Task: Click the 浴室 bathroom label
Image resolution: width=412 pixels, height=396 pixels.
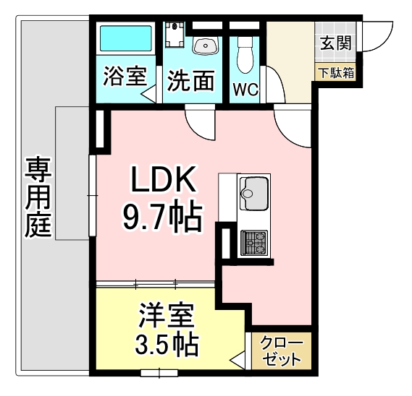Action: point(126,77)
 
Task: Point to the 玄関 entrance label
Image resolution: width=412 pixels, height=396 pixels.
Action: point(336,43)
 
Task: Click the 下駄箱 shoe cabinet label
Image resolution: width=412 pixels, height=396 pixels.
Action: point(337,72)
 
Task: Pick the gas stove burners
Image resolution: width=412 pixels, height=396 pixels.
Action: point(254,243)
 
